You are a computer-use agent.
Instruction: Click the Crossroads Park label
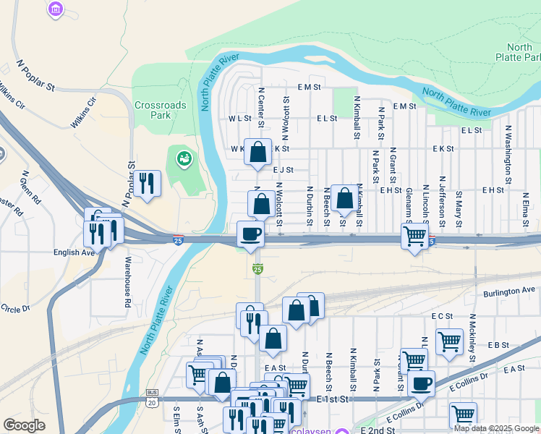(x=160, y=110)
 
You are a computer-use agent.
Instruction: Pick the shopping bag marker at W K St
(x=258, y=152)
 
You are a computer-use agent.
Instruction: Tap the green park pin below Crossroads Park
(x=184, y=158)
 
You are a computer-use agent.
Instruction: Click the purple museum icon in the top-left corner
(x=55, y=9)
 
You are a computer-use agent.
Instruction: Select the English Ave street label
(x=74, y=253)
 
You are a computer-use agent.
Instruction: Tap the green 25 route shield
(x=257, y=269)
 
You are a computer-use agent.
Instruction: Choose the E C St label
(x=441, y=316)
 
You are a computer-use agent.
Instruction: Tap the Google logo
(x=25, y=425)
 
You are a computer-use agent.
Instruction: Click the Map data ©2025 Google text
(x=496, y=428)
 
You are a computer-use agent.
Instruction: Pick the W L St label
(x=239, y=118)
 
